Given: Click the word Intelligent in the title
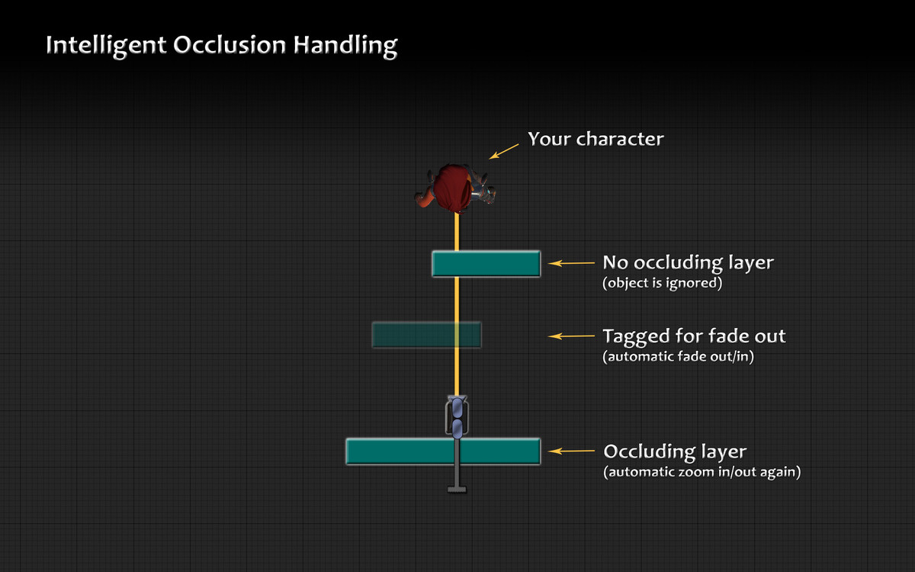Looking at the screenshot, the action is point(106,46).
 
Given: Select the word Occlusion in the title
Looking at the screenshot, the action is point(230,44).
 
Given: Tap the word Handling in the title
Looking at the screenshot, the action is point(345,46).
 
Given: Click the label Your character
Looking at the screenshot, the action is point(596,140).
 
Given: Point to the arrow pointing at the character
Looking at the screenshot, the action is point(504,151).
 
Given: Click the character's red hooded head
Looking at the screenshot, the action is point(452,188).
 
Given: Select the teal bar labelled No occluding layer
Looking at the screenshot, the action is point(486,264).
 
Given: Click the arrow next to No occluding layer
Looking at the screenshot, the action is point(571,264).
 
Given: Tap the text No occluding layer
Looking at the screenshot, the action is point(688,263).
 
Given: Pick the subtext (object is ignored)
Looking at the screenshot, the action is point(662,283).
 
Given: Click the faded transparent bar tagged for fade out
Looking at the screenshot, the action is point(426,335).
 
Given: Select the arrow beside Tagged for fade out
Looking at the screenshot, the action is point(571,336).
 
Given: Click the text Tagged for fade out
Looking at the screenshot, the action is point(694,336).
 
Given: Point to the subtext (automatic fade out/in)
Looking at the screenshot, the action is point(678,357).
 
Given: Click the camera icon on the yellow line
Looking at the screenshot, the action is point(457,416).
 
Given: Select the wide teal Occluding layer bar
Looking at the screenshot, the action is point(443,451).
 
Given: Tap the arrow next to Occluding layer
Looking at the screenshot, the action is point(571,451).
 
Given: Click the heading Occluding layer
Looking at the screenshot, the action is point(676,452).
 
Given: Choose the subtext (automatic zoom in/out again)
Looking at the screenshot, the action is point(702,472).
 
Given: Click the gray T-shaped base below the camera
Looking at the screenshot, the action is point(457,489).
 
